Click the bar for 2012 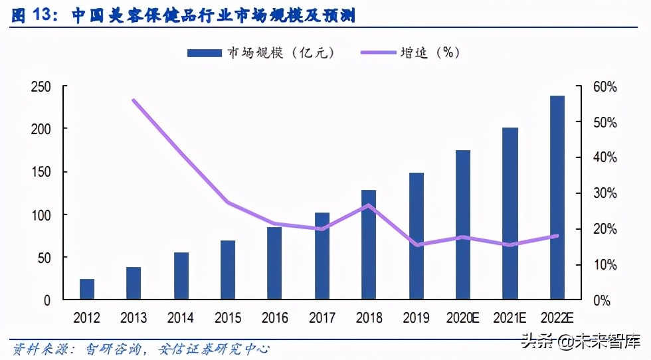(x=87, y=290)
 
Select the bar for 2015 (x=228, y=270)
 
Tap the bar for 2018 (x=369, y=245)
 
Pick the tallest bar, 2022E (x=557, y=198)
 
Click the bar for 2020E (x=463, y=225)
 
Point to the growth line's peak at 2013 (x=134, y=100)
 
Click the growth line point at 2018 (x=369, y=205)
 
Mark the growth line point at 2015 (x=228, y=202)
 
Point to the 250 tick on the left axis (x=41, y=87)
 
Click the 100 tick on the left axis (x=41, y=215)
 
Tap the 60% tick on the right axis (x=605, y=87)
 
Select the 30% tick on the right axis (x=605, y=194)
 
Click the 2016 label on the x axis (x=274, y=318)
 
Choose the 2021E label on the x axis (x=510, y=318)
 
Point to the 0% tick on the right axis (x=602, y=300)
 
